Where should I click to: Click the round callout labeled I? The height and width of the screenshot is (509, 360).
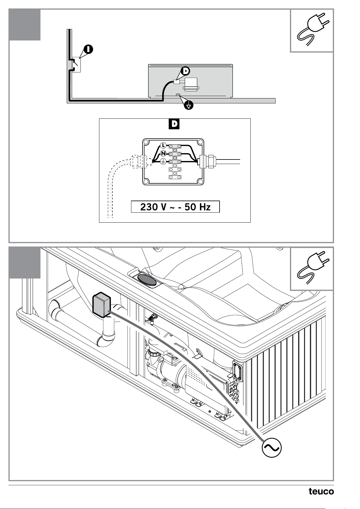pyautogui.click(x=88, y=49)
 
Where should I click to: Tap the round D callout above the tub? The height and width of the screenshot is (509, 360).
pyautogui.click(x=185, y=71)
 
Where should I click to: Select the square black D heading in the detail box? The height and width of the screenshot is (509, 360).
pyautogui.click(x=174, y=124)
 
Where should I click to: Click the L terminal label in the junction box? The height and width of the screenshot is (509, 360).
pyautogui.click(x=163, y=145)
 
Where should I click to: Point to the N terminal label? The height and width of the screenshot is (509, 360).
pyautogui.click(x=163, y=153)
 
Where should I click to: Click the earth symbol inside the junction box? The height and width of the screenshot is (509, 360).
pyautogui.click(x=163, y=161)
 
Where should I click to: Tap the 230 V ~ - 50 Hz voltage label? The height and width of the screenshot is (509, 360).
pyautogui.click(x=175, y=207)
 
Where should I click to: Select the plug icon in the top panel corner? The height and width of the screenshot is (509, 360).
pyautogui.click(x=312, y=30)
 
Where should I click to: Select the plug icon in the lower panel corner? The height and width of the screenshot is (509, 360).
pyautogui.click(x=312, y=268)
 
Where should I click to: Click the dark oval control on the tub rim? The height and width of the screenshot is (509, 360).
pyautogui.click(x=147, y=280)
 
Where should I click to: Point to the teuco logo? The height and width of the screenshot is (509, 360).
pyautogui.click(x=321, y=491)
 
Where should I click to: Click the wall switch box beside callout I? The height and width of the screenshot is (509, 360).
pyautogui.click(x=76, y=65)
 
